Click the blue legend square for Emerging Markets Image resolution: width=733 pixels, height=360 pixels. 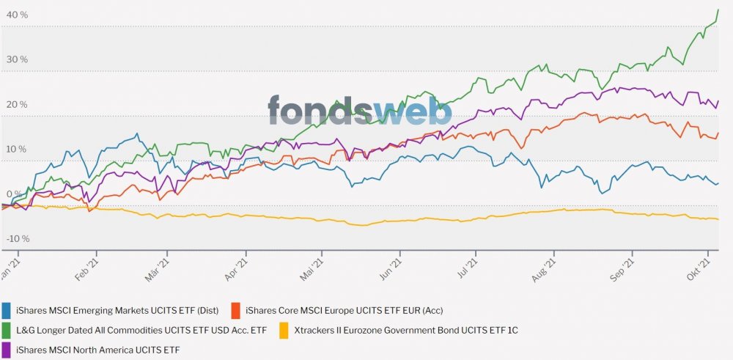7,310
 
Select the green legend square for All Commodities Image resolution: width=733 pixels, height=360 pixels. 7,331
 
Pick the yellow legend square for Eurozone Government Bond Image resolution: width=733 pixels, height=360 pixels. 284,331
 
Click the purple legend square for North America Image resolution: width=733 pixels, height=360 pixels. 7,350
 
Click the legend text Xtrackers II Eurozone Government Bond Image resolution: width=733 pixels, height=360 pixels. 406,331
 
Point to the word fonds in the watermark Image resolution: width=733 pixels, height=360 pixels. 320,110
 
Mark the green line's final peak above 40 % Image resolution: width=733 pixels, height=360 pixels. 717,10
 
